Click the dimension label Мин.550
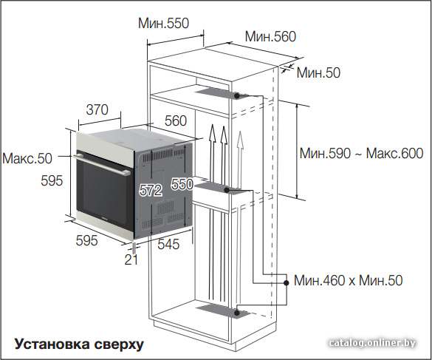[163, 24]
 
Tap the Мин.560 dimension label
[270, 37]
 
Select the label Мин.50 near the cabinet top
[318, 72]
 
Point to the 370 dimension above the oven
[97, 110]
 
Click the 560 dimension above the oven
[176, 120]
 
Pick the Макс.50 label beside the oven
[27, 159]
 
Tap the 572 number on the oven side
[151, 190]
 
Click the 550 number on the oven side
[182, 184]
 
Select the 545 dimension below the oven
[168, 244]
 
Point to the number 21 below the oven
[131, 259]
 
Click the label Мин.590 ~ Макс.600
[361, 153]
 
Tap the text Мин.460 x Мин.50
[349, 281]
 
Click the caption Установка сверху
[79, 344]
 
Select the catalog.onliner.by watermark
[372, 343]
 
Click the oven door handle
[102, 165]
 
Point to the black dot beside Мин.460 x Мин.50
[287, 283]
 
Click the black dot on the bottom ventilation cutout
[236, 313]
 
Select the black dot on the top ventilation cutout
[236, 95]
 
